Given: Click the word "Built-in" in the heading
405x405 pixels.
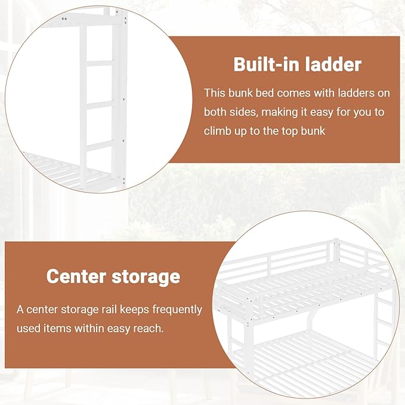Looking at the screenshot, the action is tap(267, 64).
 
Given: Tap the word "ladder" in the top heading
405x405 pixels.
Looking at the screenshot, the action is tap(333, 64).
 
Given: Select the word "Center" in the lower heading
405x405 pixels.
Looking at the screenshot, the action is tap(76, 277).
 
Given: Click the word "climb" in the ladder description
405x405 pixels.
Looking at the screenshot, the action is tap(217, 131).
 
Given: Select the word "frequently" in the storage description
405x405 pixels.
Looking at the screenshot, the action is tap(177, 310).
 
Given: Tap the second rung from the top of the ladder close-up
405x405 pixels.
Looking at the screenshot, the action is tap(100, 105).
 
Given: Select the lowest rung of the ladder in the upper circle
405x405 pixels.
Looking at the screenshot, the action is tap(100, 146).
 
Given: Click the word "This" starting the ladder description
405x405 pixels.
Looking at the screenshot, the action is tap(214, 93).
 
